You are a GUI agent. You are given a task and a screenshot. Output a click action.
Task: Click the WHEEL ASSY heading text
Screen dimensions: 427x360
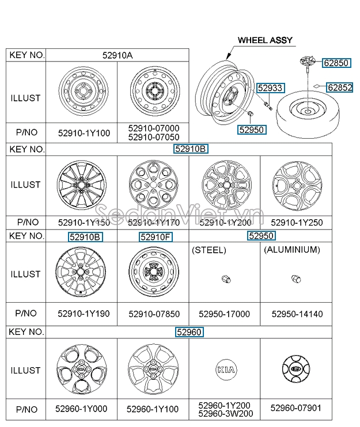(265, 41)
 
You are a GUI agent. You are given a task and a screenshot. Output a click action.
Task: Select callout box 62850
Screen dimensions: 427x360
(335, 63)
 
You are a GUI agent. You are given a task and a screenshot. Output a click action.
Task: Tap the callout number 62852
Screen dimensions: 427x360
(339, 87)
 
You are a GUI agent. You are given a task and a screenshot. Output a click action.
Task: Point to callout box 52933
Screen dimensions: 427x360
(270, 87)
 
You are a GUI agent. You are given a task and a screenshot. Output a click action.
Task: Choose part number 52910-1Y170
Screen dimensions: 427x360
(153, 222)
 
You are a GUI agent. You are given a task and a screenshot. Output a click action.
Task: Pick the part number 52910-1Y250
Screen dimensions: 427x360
(297, 222)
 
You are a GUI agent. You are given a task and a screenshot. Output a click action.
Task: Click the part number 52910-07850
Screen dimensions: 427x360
(153, 314)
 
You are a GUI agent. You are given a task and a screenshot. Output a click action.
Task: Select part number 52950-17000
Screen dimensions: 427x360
(224, 314)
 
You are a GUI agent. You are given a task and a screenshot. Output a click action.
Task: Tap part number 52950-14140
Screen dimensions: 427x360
(297, 314)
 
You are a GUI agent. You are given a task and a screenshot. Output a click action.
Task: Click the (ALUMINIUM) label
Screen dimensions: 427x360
(291, 250)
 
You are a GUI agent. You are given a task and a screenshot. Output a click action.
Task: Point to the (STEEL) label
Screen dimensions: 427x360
(209, 250)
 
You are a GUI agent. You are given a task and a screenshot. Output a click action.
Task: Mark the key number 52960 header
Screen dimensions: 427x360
(190, 332)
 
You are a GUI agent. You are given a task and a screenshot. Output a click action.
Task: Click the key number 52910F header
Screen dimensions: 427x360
(156, 237)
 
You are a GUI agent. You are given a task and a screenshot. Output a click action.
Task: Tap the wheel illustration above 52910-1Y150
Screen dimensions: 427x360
(81, 186)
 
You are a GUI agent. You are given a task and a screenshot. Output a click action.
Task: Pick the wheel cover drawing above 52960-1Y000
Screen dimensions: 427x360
(81, 368)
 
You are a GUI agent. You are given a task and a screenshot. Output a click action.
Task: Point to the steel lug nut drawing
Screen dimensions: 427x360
(224, 279)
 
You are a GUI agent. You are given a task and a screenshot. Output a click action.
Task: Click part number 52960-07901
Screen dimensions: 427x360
(297, 409)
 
